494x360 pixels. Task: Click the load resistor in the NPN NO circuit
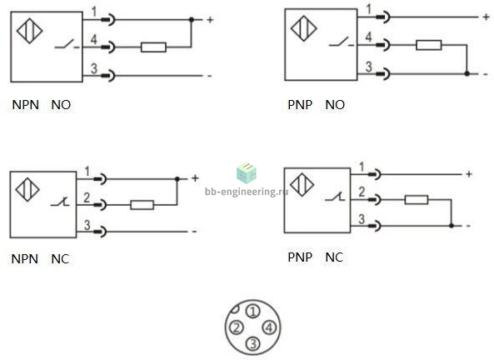click(153, 47)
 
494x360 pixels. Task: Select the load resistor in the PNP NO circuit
click(429, 45)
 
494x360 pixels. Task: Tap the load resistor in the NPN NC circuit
click(142, 205)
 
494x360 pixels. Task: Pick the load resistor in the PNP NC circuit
click(417, 200)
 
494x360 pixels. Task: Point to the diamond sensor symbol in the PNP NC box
click(302, 185)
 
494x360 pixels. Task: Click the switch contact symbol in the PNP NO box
click(342, 42)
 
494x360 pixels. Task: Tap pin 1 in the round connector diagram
click(253, 312)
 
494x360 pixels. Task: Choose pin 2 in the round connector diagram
click(237, 327)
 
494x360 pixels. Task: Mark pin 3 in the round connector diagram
click(253, 343)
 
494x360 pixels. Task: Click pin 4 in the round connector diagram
click(269, 327)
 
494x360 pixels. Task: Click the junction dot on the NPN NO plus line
click(192, 19)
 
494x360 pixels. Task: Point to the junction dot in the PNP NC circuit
click(452, 226)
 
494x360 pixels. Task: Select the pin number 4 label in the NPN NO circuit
click(93, 39)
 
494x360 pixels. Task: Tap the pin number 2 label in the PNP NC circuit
click(362, 192)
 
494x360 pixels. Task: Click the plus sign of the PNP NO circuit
click(486, 17)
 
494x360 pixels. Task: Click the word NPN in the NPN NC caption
click(25, 259)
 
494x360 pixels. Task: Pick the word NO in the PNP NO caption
click(335, 105)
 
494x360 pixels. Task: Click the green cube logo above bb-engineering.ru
click(247, 172)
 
